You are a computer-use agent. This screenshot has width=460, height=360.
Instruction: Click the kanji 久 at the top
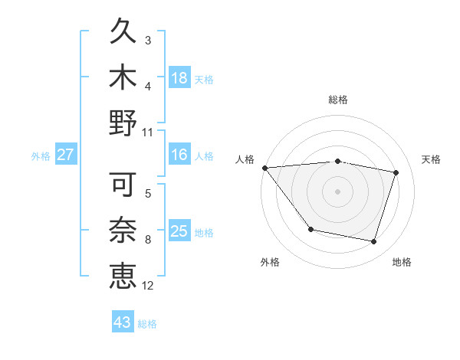(123, 33)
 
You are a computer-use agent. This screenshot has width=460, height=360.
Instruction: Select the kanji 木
(123, 77)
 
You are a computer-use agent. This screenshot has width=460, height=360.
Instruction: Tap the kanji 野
(123, 123)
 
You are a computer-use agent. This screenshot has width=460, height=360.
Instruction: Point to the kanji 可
(123, 185)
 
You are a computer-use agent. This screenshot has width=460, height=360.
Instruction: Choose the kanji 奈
(123, 230)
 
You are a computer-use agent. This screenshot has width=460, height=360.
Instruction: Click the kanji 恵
(123, 275)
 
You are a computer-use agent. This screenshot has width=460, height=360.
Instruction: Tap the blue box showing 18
(179, 78)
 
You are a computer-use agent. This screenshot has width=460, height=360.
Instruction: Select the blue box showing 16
(179, 155)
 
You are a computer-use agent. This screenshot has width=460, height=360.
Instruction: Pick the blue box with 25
(179, 231)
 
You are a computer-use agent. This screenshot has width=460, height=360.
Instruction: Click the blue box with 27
(65, 155)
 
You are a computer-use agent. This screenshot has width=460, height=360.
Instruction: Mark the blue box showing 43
(122, 322)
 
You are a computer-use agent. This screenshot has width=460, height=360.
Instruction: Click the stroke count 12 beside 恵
(148, 286)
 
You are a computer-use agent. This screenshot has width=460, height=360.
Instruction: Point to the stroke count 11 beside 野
(148, 132)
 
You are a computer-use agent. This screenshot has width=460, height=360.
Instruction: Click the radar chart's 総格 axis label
(337, 100)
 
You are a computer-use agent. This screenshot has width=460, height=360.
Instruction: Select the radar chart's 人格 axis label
(245, 159)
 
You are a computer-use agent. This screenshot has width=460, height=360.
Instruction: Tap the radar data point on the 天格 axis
(396, 172)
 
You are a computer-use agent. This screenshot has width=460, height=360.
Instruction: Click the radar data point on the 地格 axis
(374, 242)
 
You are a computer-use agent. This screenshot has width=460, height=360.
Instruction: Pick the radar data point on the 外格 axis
(310, 229)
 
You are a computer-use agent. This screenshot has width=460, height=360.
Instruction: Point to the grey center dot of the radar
(337, 191)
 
